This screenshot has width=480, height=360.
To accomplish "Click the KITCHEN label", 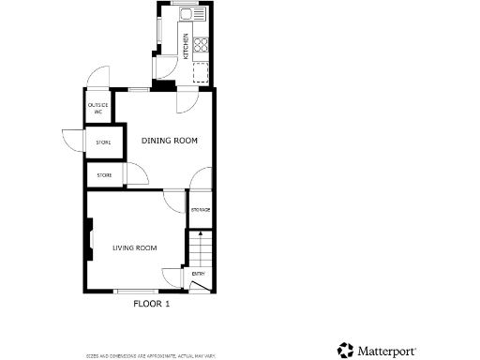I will (186, 47).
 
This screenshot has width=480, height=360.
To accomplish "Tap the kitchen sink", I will (187, 14).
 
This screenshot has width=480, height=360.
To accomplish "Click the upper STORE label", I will (103, 142).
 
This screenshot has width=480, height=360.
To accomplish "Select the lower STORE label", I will (104, 175).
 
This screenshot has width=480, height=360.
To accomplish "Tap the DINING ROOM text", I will (170, 141).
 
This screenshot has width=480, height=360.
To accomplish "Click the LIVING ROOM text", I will (134, 247).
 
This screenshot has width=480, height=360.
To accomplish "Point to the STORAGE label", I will (201, 209).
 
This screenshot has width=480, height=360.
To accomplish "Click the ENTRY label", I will (199, 274).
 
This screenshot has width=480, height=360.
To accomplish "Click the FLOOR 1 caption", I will (151, 304).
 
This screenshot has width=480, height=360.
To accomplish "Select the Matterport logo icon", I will (345, 350).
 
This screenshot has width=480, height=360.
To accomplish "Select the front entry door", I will (198, 288).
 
